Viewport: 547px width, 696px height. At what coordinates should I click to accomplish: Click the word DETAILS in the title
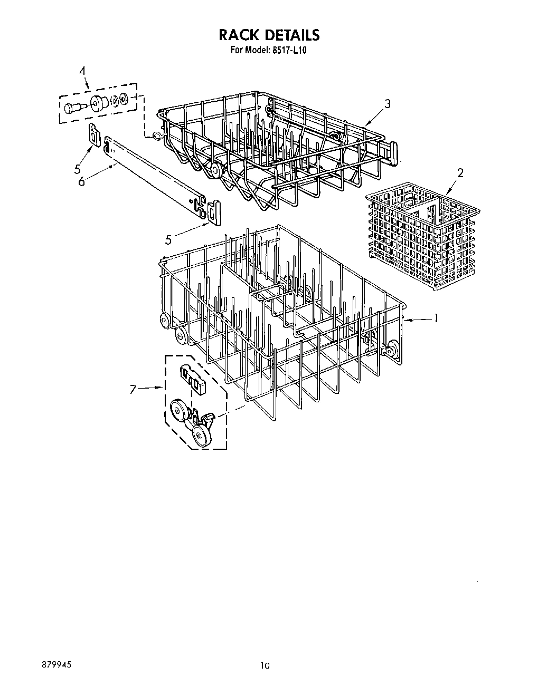[292, 35]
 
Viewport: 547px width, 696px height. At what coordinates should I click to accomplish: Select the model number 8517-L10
[290, 50]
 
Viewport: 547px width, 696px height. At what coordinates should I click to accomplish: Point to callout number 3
[388, 104]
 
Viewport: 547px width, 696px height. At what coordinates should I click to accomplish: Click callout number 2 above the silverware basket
[460, 173]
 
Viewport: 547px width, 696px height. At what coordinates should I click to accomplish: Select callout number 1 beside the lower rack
[436, 318]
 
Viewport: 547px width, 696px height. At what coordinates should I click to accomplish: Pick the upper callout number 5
[77, 169]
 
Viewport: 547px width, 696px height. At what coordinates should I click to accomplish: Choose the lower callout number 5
[168, 240]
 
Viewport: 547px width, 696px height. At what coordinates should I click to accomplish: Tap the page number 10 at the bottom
[265, 666]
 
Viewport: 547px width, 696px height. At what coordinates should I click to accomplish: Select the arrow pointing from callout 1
[417, 318]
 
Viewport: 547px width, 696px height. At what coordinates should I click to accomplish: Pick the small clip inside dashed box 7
[192, 378]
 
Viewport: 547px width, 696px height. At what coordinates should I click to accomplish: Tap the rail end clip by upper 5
[94, 135]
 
